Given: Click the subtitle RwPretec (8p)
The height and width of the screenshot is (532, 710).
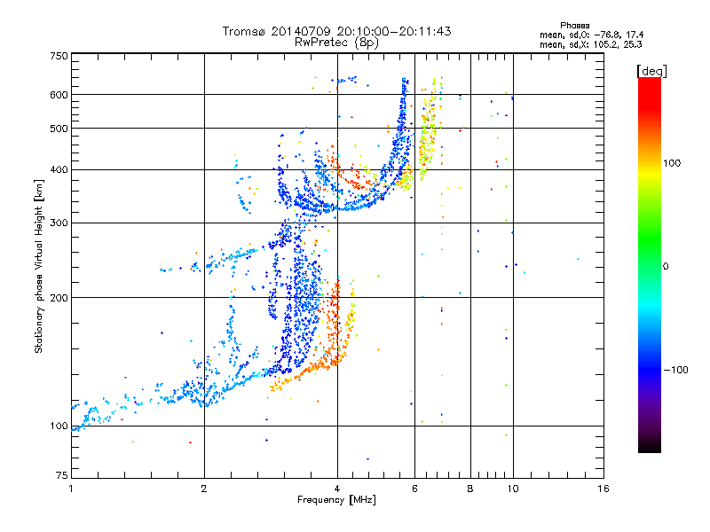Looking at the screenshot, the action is click(x=336, y=43).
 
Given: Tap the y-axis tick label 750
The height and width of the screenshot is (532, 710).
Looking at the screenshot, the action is click(x=59, y=56).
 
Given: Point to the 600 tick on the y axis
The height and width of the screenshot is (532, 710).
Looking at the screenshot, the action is click(x=59, y=95).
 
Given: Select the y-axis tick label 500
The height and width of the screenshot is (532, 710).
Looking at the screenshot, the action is click(x=59, y=129).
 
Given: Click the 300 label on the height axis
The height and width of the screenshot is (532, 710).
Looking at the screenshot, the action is click(x=59, y=223).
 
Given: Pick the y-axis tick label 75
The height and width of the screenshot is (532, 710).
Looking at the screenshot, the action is click(x=62, y=475).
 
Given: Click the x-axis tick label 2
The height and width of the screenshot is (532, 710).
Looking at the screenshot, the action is click(x=204, y=489).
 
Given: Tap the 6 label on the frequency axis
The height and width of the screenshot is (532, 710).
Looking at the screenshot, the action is click(x=414, y=489).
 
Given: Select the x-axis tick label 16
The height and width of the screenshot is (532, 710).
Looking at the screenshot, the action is click(x=603, y=489).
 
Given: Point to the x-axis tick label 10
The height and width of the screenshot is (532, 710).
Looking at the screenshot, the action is click(x=513, y=489).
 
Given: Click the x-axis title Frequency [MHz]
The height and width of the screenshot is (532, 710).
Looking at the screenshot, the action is click(x=336, y=500).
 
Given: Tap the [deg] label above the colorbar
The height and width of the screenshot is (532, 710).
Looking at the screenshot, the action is click(x=651, y=71).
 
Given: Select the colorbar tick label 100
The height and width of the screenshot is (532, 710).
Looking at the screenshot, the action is click(x=672, y=163).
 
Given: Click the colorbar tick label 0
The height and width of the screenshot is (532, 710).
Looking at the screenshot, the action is click(x=666, y=267).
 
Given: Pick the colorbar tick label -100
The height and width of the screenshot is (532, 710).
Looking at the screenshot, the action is click(x=676, y=370).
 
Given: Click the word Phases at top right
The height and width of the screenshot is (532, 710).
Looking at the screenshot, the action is click(x=574, y=26).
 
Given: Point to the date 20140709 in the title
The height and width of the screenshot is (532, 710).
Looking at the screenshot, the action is click(x=301, y=31).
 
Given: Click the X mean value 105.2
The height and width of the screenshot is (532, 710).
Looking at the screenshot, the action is click(x=606, y=45).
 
